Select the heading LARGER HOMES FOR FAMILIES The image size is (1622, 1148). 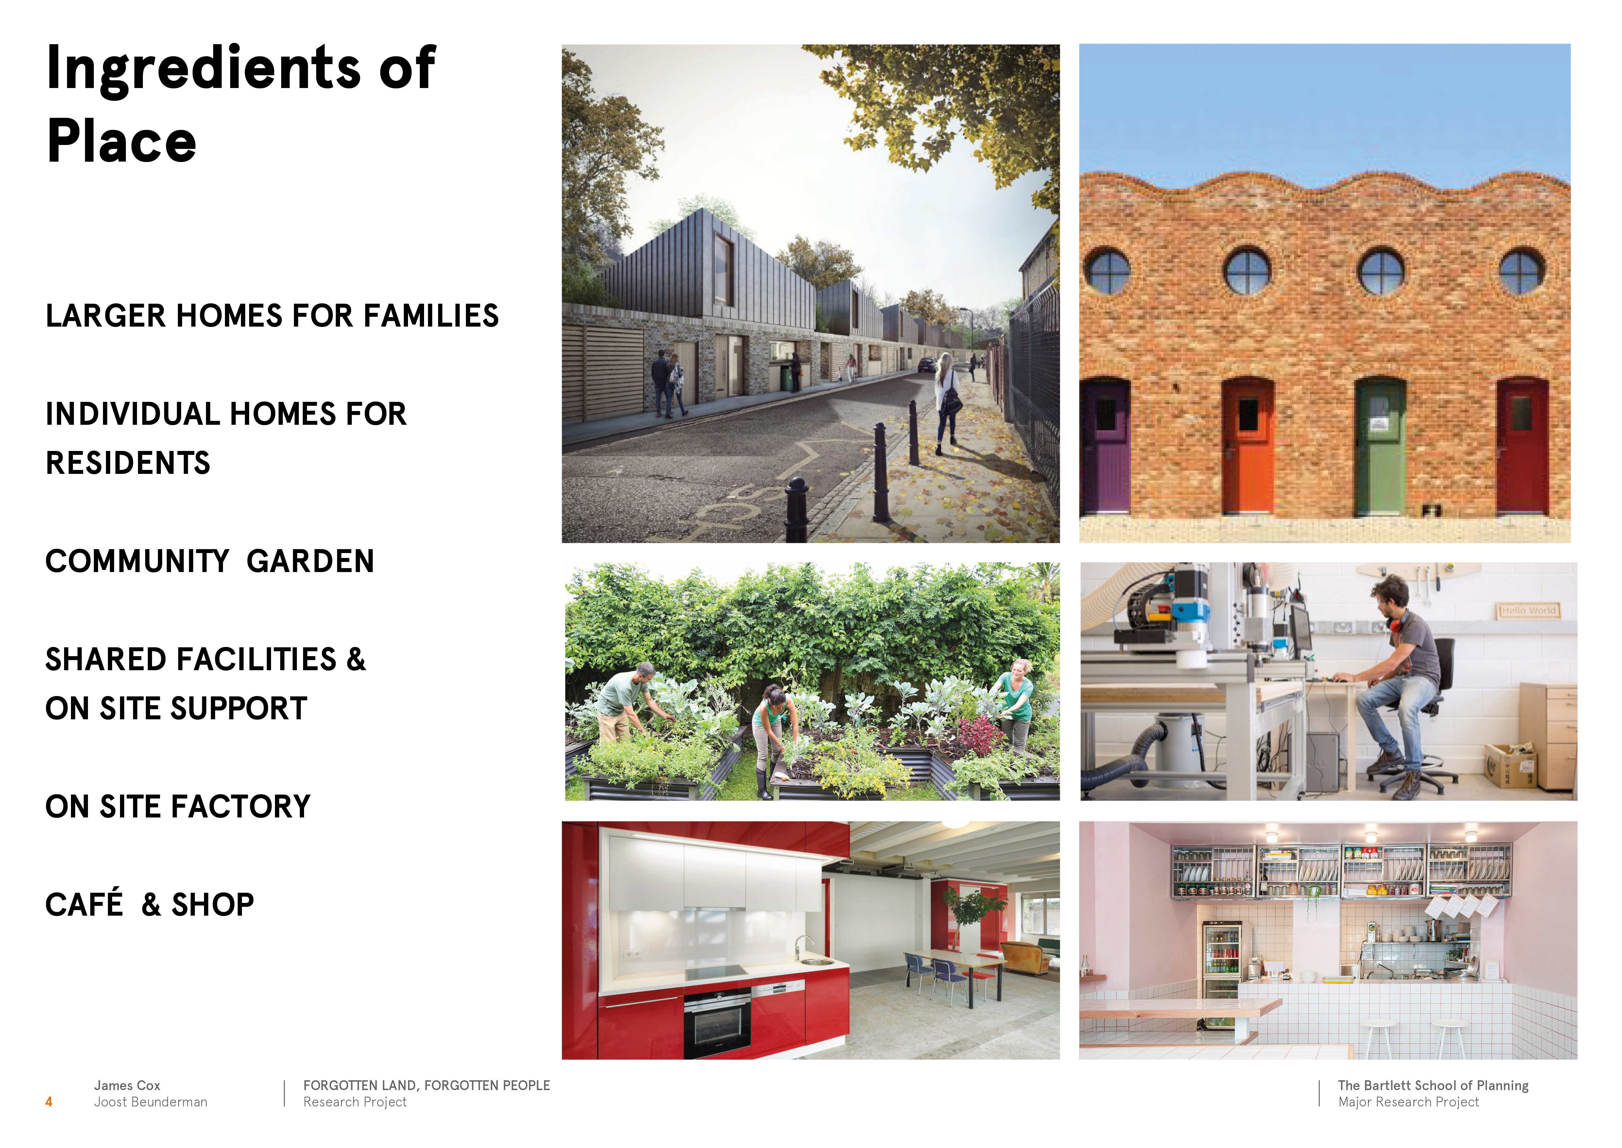(272, 316)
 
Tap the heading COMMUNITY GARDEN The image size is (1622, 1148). (210, 561)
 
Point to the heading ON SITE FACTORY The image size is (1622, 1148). (178, 807)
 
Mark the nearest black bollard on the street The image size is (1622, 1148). (797, 511)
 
